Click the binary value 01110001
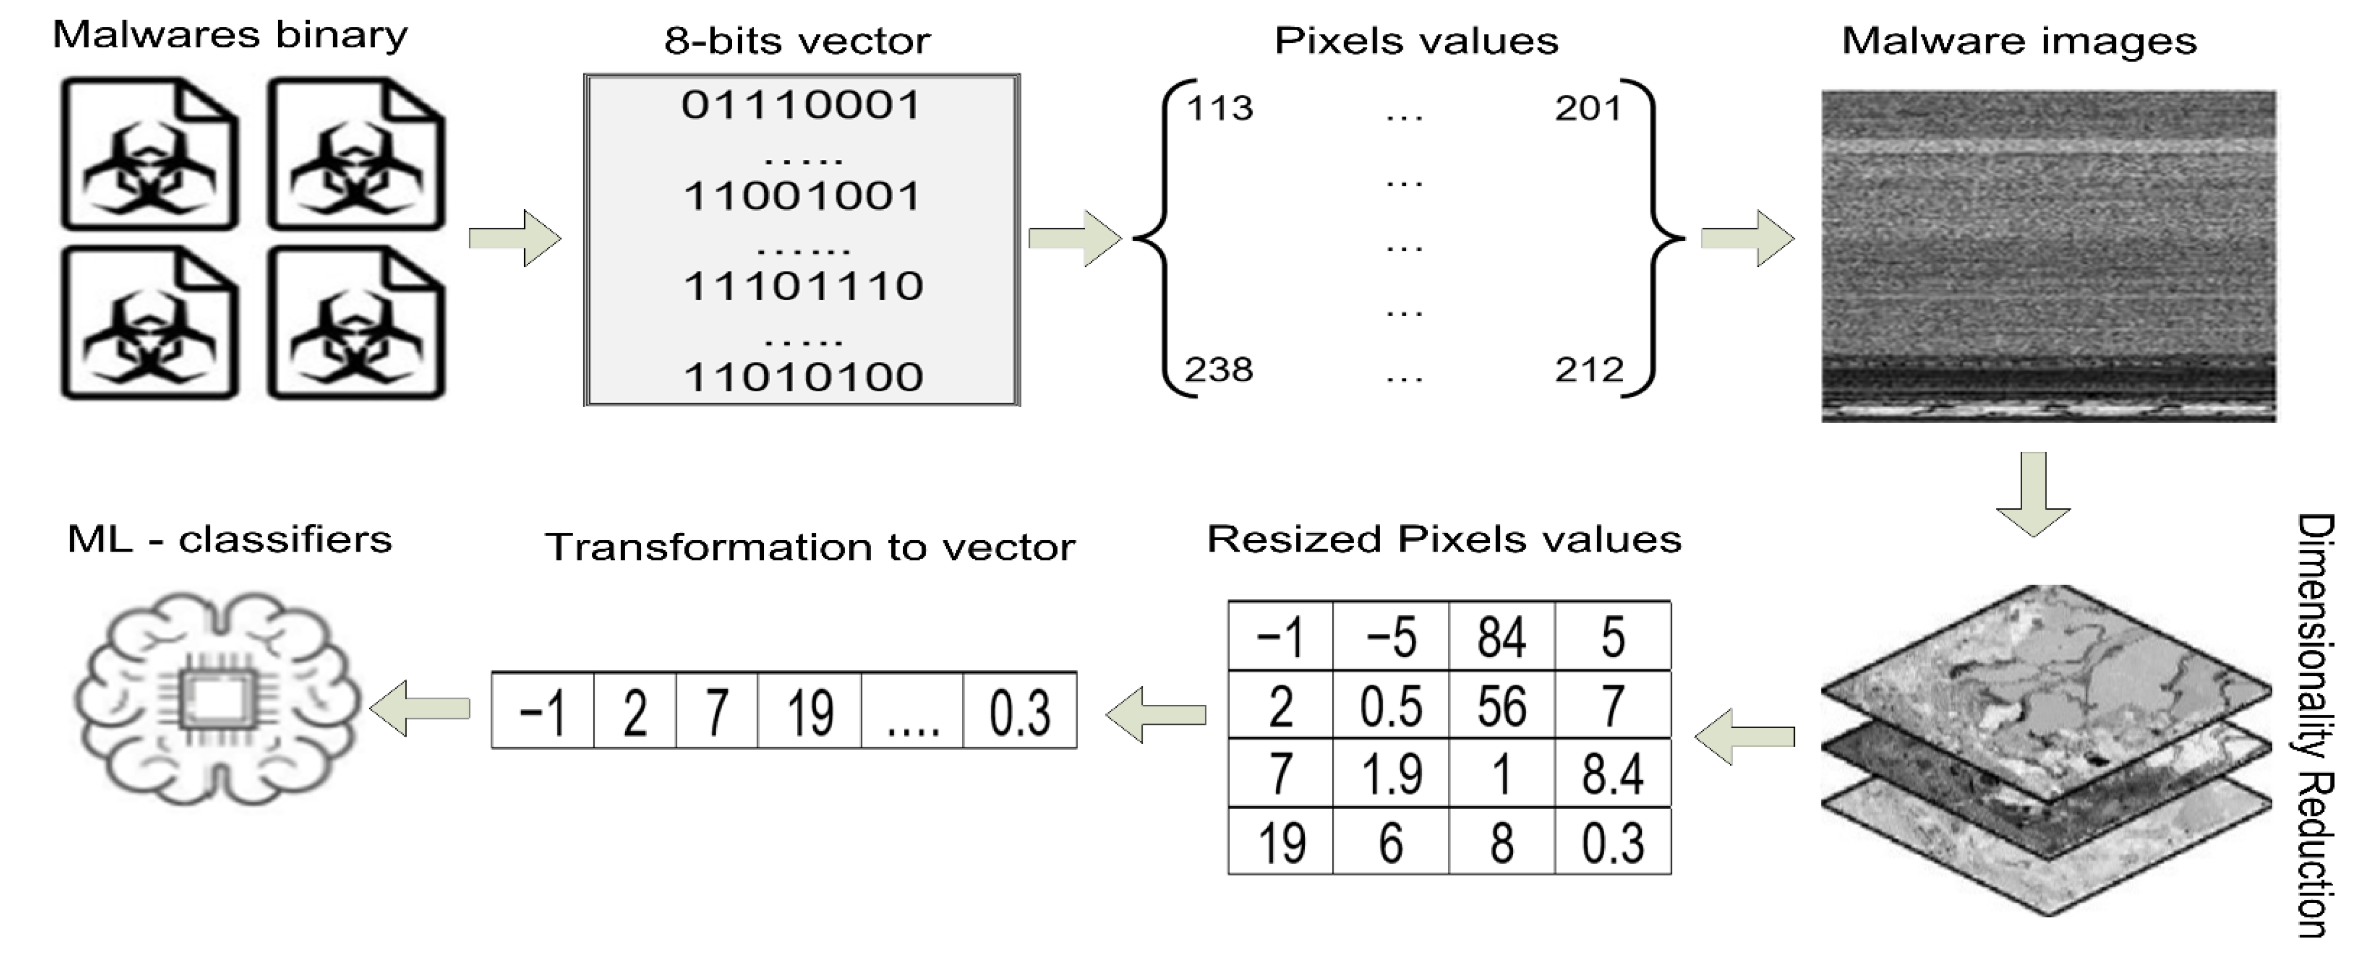click(801, 105)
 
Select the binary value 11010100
click(803, 377)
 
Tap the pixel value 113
click(1219, 109)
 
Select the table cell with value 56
click(1501, 705)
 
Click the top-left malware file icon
click(150, 154)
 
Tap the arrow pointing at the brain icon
click(420, 708)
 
